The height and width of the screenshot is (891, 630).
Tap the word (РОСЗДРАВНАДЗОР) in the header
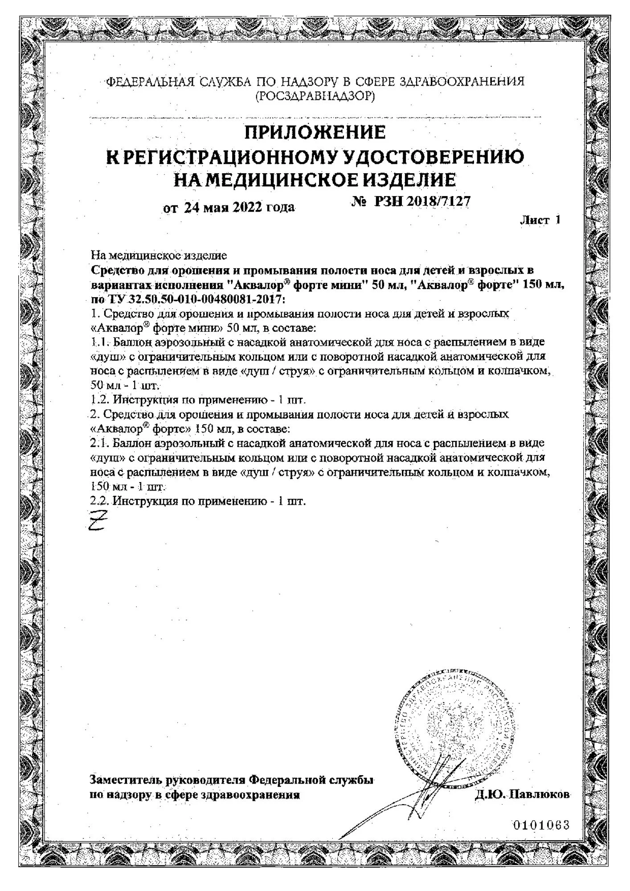tap(315, 96)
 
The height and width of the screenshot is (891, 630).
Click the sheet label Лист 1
tap(540, 220)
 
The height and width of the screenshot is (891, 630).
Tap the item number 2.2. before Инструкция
tap(100, 501)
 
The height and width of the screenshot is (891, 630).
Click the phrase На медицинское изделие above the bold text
tap(159, 256)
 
